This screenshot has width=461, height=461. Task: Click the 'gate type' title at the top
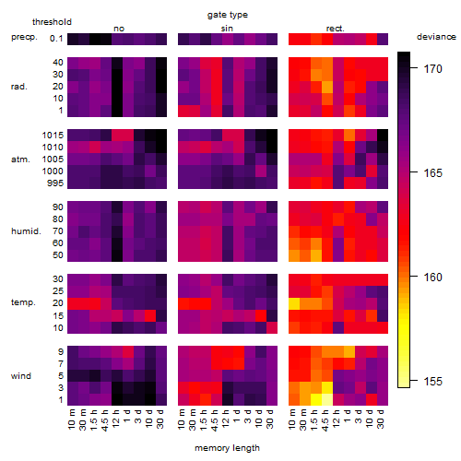pyautogui.click(x=228, y=15)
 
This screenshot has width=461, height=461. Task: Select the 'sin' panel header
pyautogui.click(x=227, y=29)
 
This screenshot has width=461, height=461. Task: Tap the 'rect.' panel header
pyautogui.click(x=336, y=29)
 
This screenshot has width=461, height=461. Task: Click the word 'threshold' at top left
pyautogui.click(x=52, y=22)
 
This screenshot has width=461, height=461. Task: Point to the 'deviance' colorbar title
pyautogui.click(x=436, y=37)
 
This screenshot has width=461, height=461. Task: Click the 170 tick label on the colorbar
pyautogui.click(x=433, y=69)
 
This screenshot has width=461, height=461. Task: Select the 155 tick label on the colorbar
pyautogui.click(x=433, y=382)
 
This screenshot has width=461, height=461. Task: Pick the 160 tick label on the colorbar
pyautogui.click(x=433, y=278)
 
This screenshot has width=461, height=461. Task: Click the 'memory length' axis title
pyautogui.click(x=228, y=448)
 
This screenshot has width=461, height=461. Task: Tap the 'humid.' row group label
pyautogui.click(x=26, y=230)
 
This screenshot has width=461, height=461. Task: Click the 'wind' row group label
pyautogui.click(x=21, y=375)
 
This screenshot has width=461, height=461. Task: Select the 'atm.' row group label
pyautogui.click(x=20, y=160)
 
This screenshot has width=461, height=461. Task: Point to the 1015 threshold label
pyautogui.click(x=53, y=136)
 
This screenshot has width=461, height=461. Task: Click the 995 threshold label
pyautogui.click(x=55, y=183)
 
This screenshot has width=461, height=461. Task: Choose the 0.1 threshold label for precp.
pyautogui.click(x=56, y=39)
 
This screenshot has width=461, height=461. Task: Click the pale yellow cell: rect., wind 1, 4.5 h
pyautogui.click(x=327, y=399)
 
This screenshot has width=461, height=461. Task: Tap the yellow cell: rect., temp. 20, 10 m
pyautogui.click(x=294, y=303)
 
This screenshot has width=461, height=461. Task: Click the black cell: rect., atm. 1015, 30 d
pyautogui.click(x=383, y=136)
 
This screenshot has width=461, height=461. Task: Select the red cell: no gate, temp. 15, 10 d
pyautogui.click(x=150, y=315)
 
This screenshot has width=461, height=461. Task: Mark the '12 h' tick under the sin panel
pyautogui.click(x=225, y=419)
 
